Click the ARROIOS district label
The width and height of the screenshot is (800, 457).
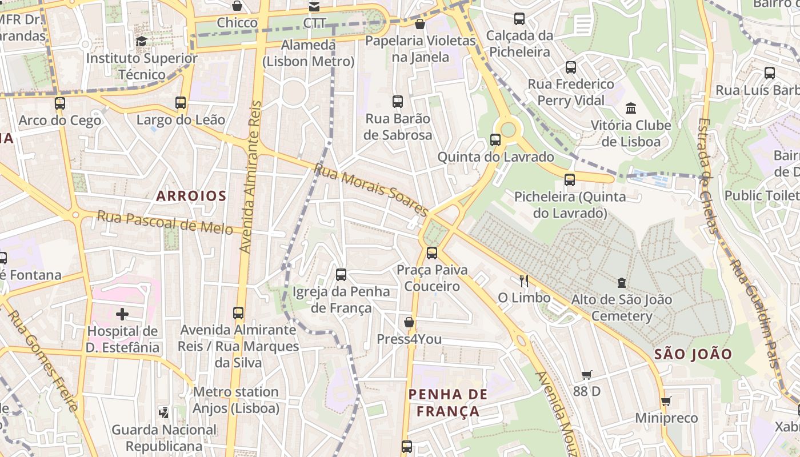point(191,196)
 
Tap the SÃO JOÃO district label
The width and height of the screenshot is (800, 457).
point(693,354)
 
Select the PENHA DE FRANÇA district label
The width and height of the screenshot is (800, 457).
point(448,402)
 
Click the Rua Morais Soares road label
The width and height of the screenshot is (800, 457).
point(371,191)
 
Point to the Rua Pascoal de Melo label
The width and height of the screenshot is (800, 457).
point(165,222)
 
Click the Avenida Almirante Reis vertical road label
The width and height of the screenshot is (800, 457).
point(250,177)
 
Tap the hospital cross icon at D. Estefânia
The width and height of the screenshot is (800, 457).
point(122,314)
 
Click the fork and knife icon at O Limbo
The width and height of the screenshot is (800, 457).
point(523,280)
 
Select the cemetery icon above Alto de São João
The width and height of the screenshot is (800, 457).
point(622,282)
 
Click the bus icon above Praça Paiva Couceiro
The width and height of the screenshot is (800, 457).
point(432,252)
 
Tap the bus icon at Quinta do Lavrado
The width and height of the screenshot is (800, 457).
point(495,139)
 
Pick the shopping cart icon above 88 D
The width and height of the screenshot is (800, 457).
point(586,375)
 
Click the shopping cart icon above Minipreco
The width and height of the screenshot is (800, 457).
point(666,401)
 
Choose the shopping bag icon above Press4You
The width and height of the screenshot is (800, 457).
point(409,322)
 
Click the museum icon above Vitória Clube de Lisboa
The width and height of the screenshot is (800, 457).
point(631,108)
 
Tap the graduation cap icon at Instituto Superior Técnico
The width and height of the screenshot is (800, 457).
point(141,41)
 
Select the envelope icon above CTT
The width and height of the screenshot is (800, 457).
point(314,7)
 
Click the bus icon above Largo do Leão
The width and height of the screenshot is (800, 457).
point(181,103)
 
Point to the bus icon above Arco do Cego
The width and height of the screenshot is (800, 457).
point(60,103)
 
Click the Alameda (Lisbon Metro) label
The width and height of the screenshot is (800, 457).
point(309,53)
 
